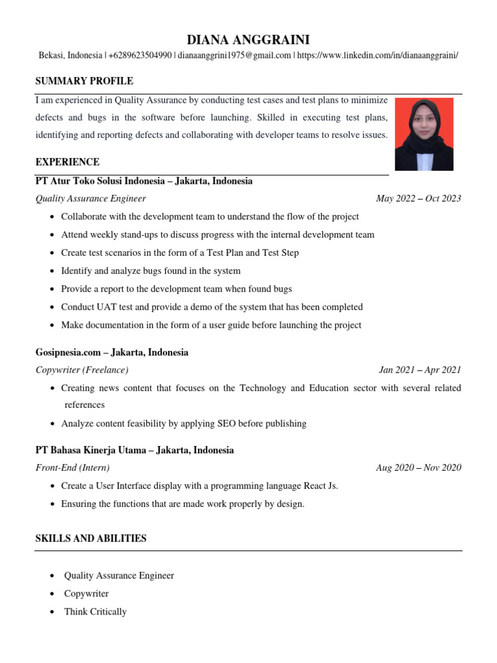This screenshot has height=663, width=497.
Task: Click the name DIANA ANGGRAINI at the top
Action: pos(248,40)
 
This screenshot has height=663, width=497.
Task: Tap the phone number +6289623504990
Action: pos(140,56)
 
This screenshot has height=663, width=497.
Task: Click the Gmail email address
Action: pos(235,56)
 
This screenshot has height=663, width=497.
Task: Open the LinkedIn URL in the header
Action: pos(377,56)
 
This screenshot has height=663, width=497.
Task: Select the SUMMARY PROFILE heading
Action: pos(84,81)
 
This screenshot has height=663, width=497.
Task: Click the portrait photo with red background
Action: pos(424,134)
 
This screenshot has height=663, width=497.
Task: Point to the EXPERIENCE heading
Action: pos(67,162)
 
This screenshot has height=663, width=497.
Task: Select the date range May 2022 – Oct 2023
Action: pos(418,198)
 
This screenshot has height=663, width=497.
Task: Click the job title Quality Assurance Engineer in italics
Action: pos(91,198)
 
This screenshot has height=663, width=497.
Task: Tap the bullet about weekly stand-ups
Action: pos(217,234)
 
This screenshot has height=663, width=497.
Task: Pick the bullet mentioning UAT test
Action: pos(212,307)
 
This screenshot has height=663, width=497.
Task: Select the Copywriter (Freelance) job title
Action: pos(82,370)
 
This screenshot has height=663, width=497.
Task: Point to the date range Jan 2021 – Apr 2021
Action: pos(419,370)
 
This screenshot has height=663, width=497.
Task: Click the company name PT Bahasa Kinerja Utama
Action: pos(91,450)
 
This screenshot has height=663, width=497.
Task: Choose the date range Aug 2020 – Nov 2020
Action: pos(418,467)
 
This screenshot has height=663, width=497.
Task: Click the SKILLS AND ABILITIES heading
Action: pos(91,538)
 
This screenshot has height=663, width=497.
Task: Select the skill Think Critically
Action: pos(95,611)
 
